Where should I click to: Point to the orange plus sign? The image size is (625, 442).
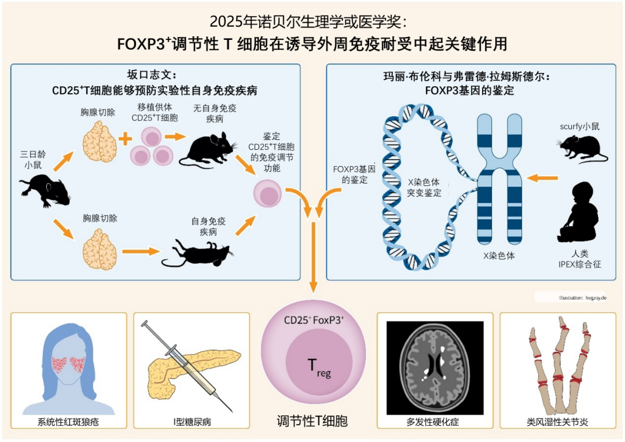tap(123, 139)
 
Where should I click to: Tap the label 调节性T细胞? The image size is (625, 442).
tap(312, 421)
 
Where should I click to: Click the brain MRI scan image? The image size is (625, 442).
tap(435, 365)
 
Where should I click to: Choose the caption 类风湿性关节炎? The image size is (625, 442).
tap(557, 422)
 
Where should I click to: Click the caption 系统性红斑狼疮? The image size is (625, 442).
tap(68, 422)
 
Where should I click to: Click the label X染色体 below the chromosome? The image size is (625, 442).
tap(498, 255)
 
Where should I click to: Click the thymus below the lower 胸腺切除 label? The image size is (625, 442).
tap(100, 249)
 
